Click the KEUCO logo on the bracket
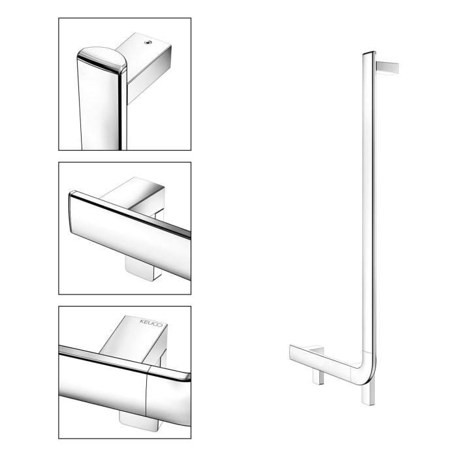pyautogui.click(x=149, y=323)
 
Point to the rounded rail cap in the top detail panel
pyautogui.click(x=102, y=59)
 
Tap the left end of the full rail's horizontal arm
pyautogui.click(x=292, y=352)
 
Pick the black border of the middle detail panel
pyautogui.click(x=59, y=228)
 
